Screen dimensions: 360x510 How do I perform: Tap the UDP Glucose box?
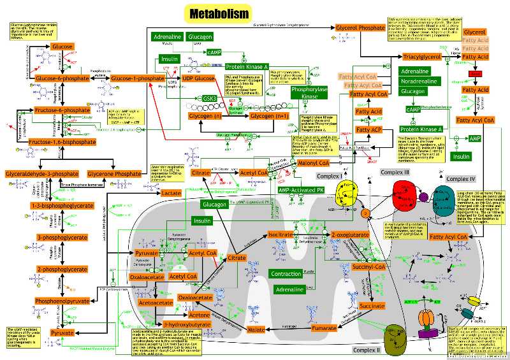pos(198,78)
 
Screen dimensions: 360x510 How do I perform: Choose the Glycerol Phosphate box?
pos(342,29)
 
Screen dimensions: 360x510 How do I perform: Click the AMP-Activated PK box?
pos(302,190)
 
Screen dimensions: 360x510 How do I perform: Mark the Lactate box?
pos(171,192)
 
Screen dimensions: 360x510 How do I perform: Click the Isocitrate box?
pos(280,234)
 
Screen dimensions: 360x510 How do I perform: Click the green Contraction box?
pos(286,274)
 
